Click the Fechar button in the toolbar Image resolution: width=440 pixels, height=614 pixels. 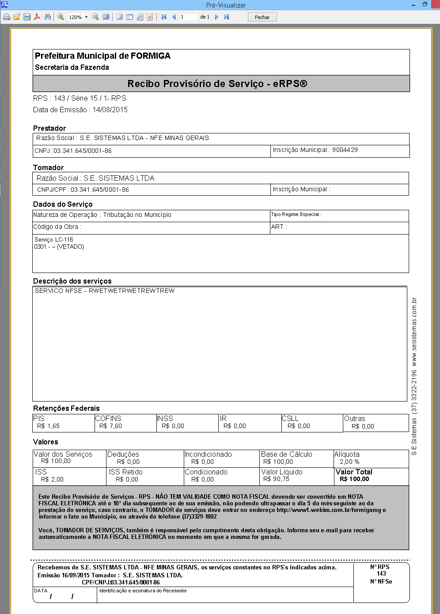tap(262, 17)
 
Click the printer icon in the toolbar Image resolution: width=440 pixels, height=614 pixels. tap(7, 17)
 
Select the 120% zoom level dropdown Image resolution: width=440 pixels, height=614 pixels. tap(78, 17)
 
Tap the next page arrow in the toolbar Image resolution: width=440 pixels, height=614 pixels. tap(216, 17)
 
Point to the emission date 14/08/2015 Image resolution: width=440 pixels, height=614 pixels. tap(110, 110)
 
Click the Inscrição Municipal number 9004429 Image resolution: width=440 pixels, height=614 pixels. tap(345, 150)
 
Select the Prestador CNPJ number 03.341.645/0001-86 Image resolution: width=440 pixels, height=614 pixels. tap(83, 151)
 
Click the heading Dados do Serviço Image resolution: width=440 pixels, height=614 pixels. tap(63, 204)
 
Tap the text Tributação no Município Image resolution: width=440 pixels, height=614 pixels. tap(137, 215)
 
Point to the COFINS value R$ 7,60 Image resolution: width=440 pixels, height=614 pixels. tap(110, 426)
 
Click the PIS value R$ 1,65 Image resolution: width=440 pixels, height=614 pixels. tap(48, 426)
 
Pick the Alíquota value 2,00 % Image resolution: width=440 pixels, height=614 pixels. tap(349, 462)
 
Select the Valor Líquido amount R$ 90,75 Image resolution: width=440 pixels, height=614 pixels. tap(276, 479)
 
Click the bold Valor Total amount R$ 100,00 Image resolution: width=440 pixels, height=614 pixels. tap(354, 479)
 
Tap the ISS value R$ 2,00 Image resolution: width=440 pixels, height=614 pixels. tap(52, 479)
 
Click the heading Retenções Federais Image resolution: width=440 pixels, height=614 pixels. tap(66, 408)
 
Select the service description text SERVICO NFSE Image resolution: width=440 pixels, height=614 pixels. tap(58, 291)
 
